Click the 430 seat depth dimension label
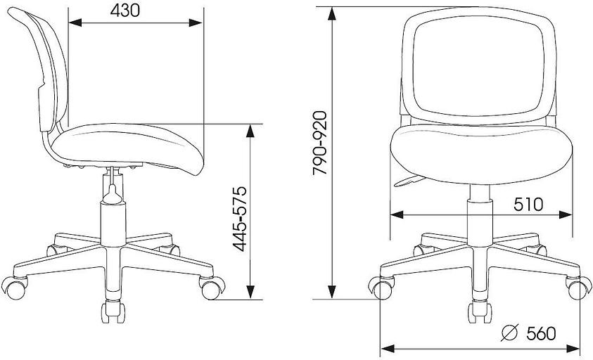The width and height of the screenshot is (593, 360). click(125, 11)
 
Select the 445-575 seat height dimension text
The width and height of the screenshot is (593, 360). click(239, 219)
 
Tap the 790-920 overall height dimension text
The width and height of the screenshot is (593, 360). click(319, 143)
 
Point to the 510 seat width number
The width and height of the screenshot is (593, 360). click(528, 205)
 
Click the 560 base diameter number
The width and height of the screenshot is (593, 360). click(541, 333)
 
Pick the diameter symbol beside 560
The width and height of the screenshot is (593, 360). click(509, 333)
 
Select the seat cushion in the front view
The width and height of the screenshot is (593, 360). click(481, 154)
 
